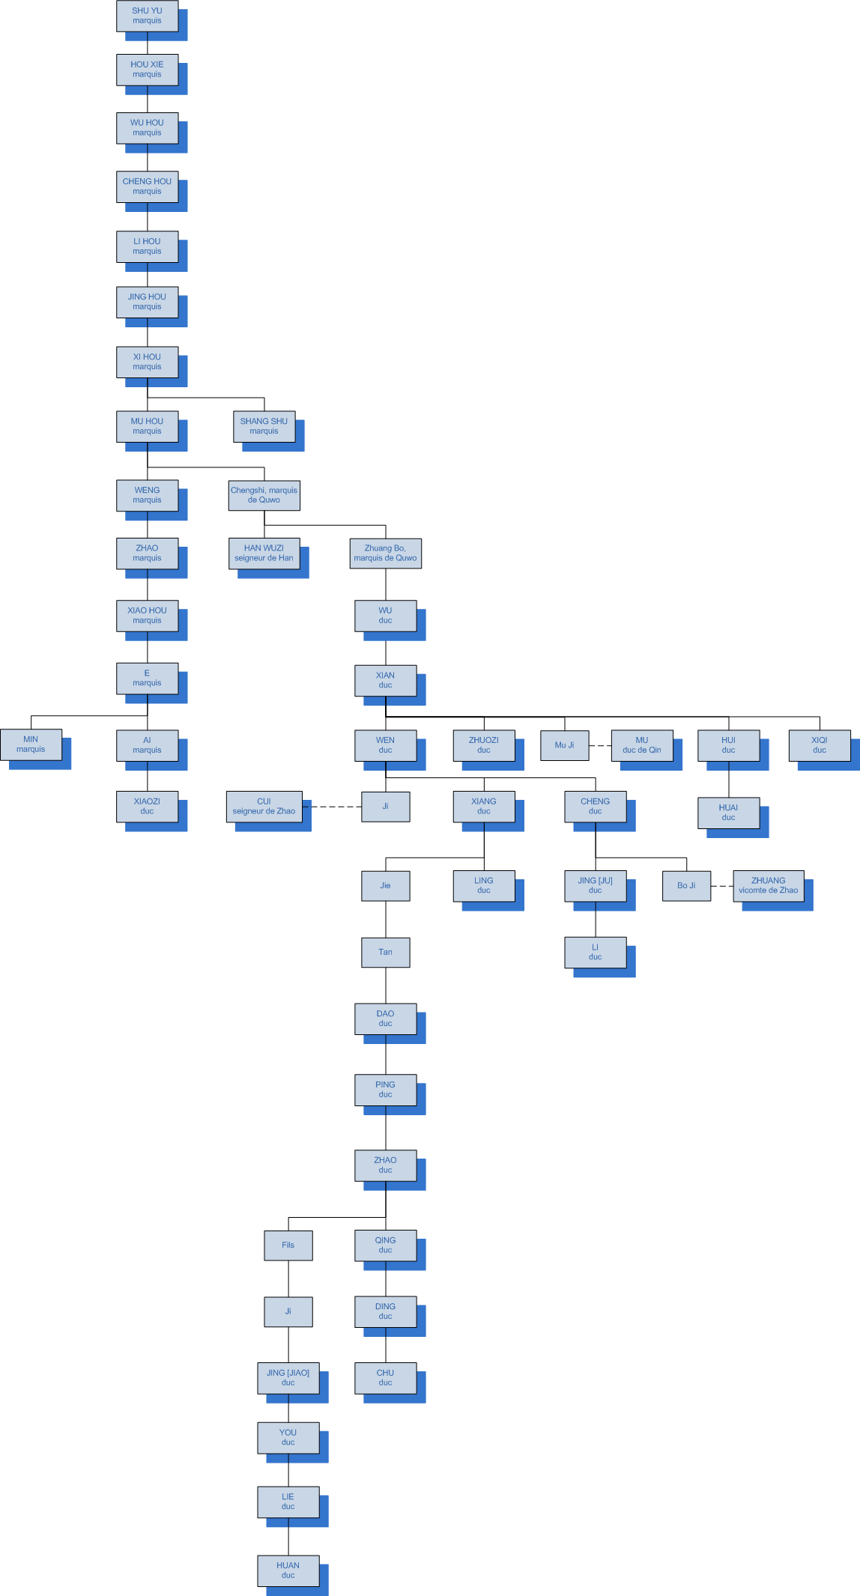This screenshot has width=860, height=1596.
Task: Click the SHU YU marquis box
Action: (x=147, y=16)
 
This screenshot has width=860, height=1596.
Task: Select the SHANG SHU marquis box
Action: (x=264, y=426)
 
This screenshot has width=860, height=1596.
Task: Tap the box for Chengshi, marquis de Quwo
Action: (x=264, y=495)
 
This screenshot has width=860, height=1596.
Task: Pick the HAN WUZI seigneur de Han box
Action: (x=264, y=553)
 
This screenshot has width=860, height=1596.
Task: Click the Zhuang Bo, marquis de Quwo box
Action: (x=385, y=553)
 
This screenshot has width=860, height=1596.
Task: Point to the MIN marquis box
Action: (x=31, y=744)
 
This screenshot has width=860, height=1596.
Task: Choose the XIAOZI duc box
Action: (x=147, y=806)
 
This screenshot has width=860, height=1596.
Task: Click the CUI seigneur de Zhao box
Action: (x=264, y=806)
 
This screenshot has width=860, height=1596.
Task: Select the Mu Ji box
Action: (x=564, y=745)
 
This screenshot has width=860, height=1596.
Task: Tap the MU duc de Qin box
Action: (x=641, y=745)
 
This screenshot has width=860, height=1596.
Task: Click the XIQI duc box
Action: (x=819, y=745)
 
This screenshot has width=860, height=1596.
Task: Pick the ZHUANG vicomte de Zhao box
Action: (x=768, y=885)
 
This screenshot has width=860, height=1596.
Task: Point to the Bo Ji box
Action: (x=686, y=886)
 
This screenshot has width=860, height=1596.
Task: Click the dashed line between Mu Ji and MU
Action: (x=600, y=746)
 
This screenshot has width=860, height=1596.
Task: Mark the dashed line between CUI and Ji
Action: (x=332, y=807)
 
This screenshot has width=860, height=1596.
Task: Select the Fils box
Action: (x=288, y=1245)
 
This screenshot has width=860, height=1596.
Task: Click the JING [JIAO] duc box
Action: (x=288, y=1377)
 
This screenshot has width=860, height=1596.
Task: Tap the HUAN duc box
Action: (x=288, y=1570)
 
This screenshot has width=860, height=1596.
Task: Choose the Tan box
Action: (x=385, y=953)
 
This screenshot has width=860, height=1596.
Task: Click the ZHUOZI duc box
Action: (x=483, y=745)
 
